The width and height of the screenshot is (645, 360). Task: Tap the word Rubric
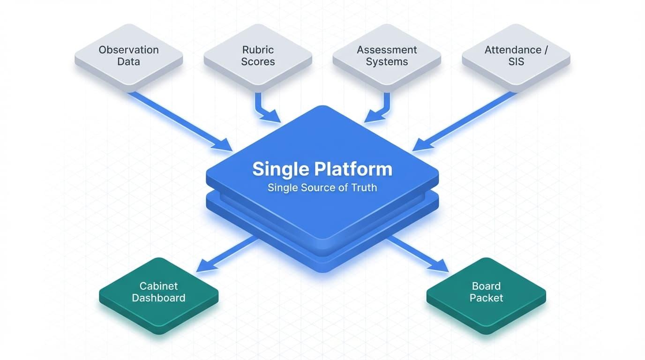(258, 50)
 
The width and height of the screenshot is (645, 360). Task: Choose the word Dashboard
(158, 298)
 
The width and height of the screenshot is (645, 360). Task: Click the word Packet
(486, 298)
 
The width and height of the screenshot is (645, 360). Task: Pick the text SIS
(516, 62)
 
